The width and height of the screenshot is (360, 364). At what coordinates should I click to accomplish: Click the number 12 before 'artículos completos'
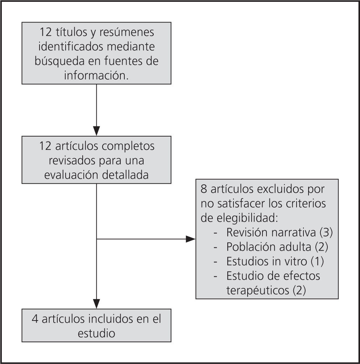(x=46, y=146)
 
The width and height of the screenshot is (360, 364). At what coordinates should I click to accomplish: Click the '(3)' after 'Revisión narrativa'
(x=324, y=232)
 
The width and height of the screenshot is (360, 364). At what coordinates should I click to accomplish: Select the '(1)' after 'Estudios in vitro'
(x=318, y=261)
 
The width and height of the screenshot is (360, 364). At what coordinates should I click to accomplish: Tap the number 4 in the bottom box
(x=35, y=319)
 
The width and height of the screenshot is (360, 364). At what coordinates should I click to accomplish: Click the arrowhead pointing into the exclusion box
(x=191, y=239)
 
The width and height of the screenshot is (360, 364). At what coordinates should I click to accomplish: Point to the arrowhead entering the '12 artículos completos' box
(x=96, y=131)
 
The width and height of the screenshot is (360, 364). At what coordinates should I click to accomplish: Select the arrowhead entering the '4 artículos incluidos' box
(x=96, y=304)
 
